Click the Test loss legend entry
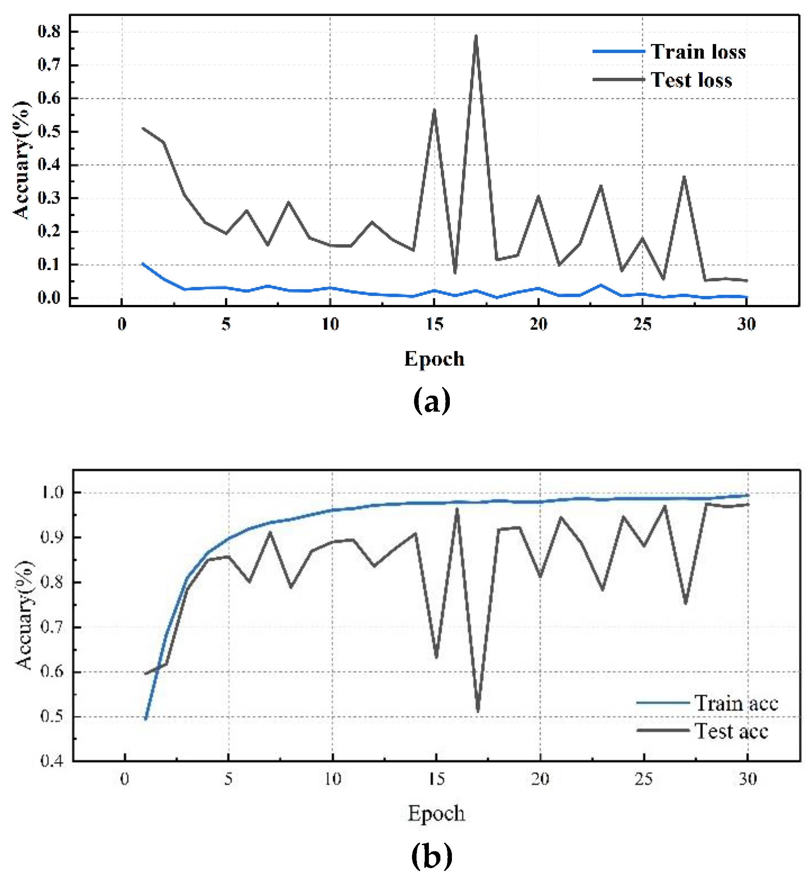pos(691,80)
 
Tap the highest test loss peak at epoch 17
pos(476,36)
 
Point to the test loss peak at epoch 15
pos(434,110)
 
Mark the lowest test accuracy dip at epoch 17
pos(478,711)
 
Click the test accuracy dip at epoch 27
pos(685,603)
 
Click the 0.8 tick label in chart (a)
pos(49,32)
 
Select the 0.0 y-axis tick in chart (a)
pos(49,298)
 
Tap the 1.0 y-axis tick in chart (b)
pos(52,493)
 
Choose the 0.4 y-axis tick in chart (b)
pos(52,761)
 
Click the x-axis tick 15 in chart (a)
pos(435,324)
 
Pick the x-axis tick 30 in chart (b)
pos(747,779)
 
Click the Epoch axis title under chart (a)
pos(434,359)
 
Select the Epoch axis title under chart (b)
pos(436,813)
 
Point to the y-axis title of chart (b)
pos(24,615)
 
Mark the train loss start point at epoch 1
pos(143,264)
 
